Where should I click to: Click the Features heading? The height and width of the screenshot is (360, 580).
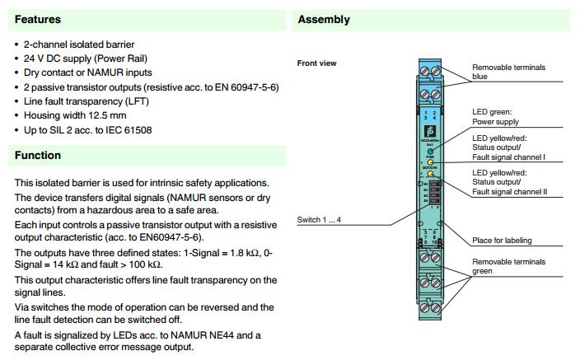(38, 19)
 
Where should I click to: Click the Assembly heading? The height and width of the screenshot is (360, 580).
(324, 19)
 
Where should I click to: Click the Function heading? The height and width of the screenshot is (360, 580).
(38, 155)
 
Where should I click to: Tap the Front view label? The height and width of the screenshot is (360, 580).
(316, 63)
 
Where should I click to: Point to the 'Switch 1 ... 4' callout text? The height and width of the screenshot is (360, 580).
(319, 219)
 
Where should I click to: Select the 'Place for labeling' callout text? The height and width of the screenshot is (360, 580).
(502, 241)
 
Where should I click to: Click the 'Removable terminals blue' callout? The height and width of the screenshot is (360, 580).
(507, 72)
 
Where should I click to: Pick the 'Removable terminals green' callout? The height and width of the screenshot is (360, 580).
(507, 266)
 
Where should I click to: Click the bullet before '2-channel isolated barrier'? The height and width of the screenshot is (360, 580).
(18, 44)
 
